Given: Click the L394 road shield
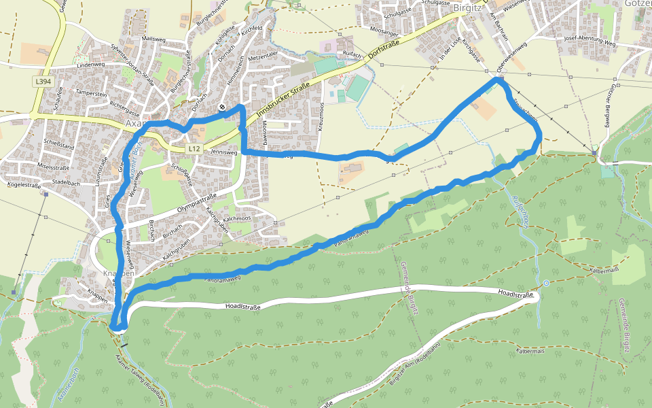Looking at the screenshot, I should point(43,82).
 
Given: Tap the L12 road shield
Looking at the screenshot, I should point(195,148).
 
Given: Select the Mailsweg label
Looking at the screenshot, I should point(153,39).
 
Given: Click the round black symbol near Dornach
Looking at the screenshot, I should point(222,107).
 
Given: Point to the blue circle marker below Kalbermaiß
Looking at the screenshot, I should point(546,283).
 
